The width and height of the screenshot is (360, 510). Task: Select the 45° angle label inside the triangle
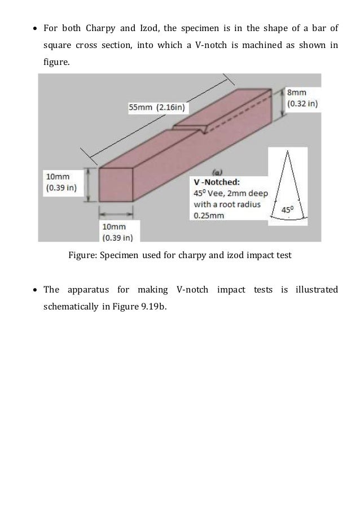287,210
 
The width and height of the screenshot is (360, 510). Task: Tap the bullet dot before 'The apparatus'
36,290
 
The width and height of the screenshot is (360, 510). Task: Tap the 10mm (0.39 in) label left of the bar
63,182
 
